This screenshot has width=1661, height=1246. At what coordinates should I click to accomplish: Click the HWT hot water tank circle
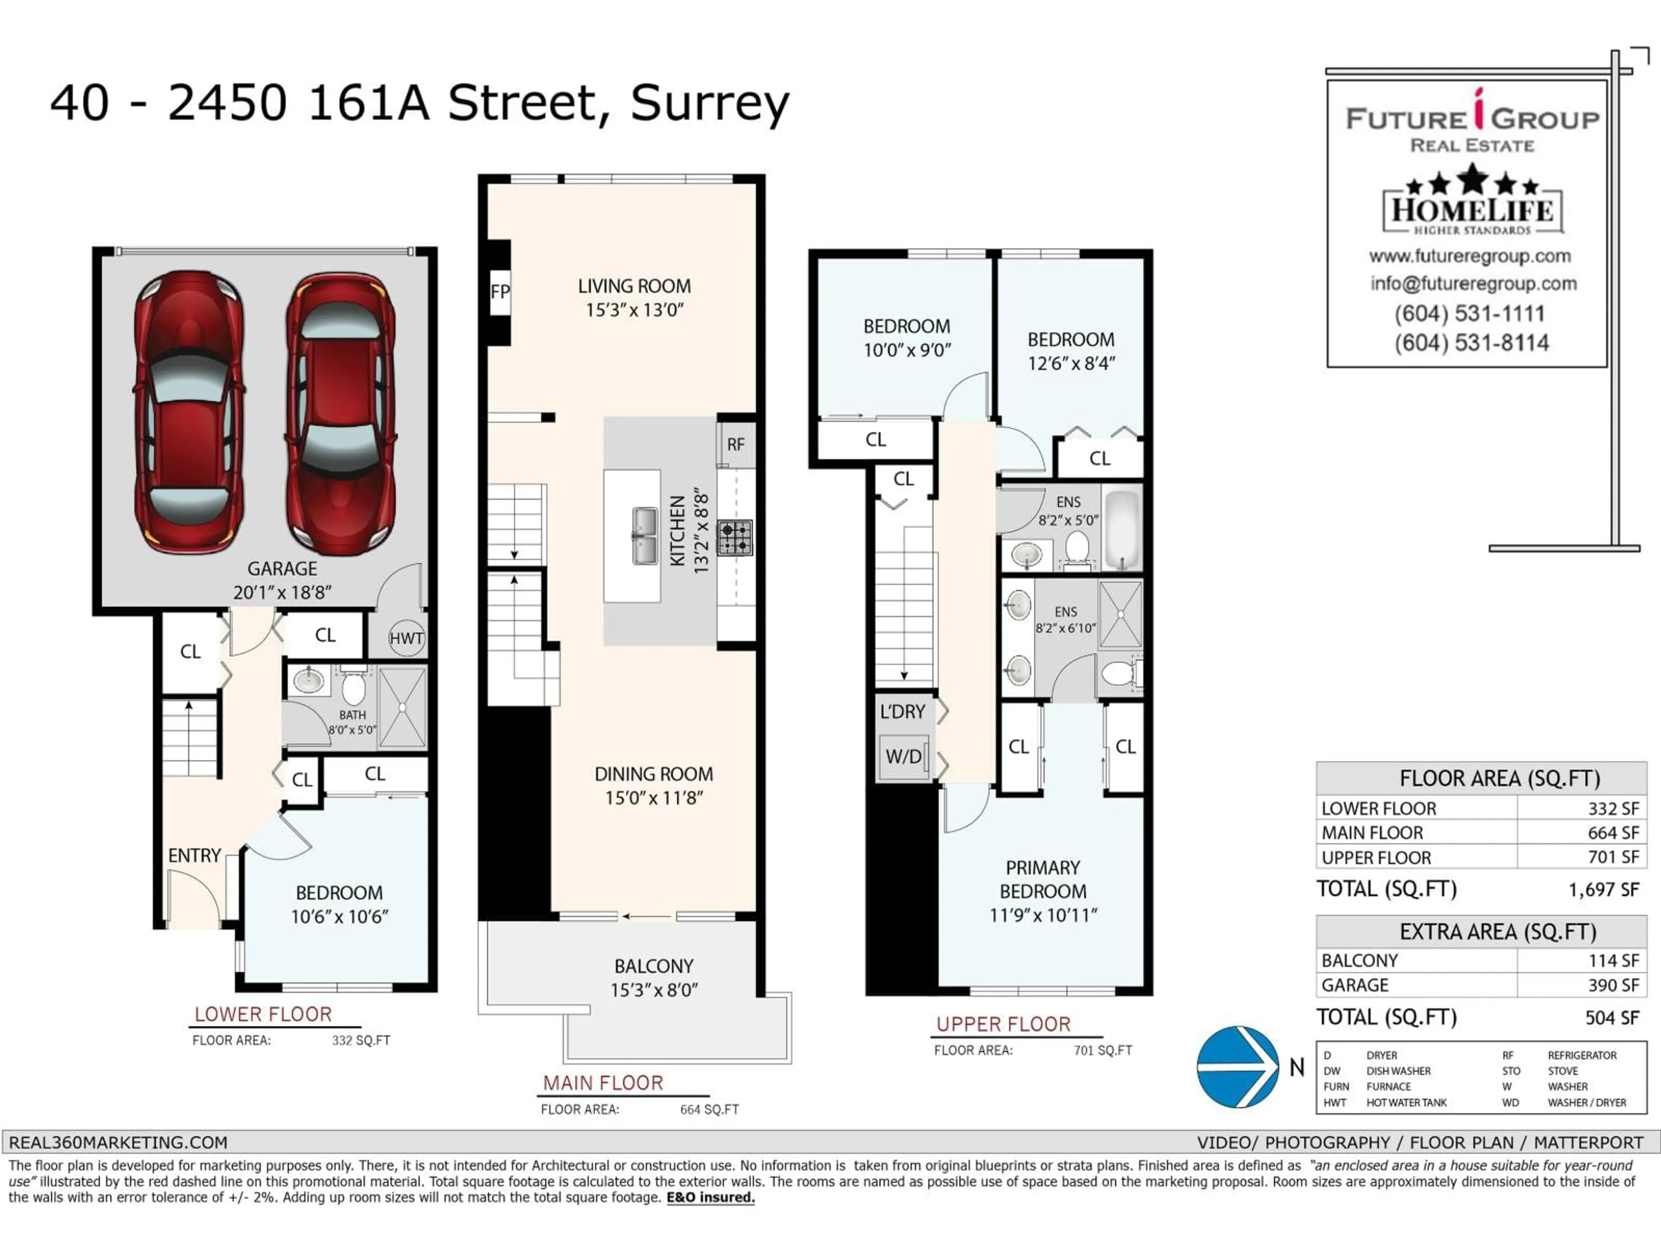pos(406,639)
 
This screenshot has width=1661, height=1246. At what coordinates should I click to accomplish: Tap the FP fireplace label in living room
pos(500,292)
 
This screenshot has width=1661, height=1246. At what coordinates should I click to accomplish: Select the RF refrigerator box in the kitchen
pos(735,445)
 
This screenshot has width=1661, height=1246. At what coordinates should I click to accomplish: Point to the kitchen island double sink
pos(644,536)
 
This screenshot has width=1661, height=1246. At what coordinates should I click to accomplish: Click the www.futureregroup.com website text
pos(1469,256)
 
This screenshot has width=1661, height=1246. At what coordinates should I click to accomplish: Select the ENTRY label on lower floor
pos(195,855)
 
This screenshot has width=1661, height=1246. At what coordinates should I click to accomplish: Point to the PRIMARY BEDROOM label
pos(1043,880)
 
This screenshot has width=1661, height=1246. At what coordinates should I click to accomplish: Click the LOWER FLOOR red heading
pos(263,1014)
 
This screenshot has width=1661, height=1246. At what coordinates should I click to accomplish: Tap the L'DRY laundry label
pos(903,711)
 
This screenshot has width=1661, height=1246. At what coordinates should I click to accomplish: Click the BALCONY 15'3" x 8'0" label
pos(654,978)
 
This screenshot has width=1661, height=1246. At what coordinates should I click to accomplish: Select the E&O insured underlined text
pos(710,1197)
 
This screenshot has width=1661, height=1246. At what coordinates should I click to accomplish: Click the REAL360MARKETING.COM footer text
pos(118,1142)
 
